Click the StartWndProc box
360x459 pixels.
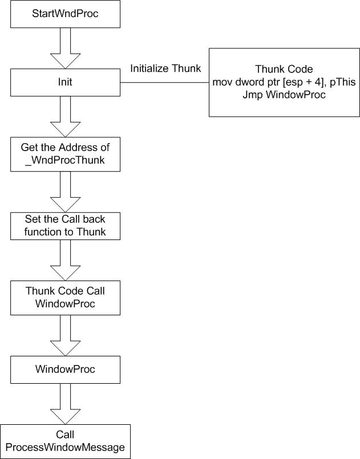[65, 14]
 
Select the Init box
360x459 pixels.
[65, 82]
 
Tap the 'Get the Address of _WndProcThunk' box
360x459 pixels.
[65, 154]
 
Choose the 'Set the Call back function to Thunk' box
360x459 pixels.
[65, 226]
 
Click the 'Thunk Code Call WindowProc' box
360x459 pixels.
[65, 298]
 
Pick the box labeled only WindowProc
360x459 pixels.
[65, 369]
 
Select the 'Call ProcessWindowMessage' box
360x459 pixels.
[65, 441]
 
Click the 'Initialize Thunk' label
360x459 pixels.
[165, 68]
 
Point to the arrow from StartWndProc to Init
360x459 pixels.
[65, 48]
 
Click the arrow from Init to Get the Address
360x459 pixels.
[65, 116]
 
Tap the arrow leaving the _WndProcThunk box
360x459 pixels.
[65, 192]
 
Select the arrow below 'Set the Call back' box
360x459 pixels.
[65, 260]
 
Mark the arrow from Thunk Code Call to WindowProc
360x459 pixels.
[65, 335]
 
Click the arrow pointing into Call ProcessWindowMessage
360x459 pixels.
[65, 404]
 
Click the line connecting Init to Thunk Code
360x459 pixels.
[165, 82]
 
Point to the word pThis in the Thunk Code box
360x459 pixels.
[343, 82]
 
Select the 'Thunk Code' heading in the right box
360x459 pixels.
[284, 69]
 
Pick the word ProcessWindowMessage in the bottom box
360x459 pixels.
[65, 447]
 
